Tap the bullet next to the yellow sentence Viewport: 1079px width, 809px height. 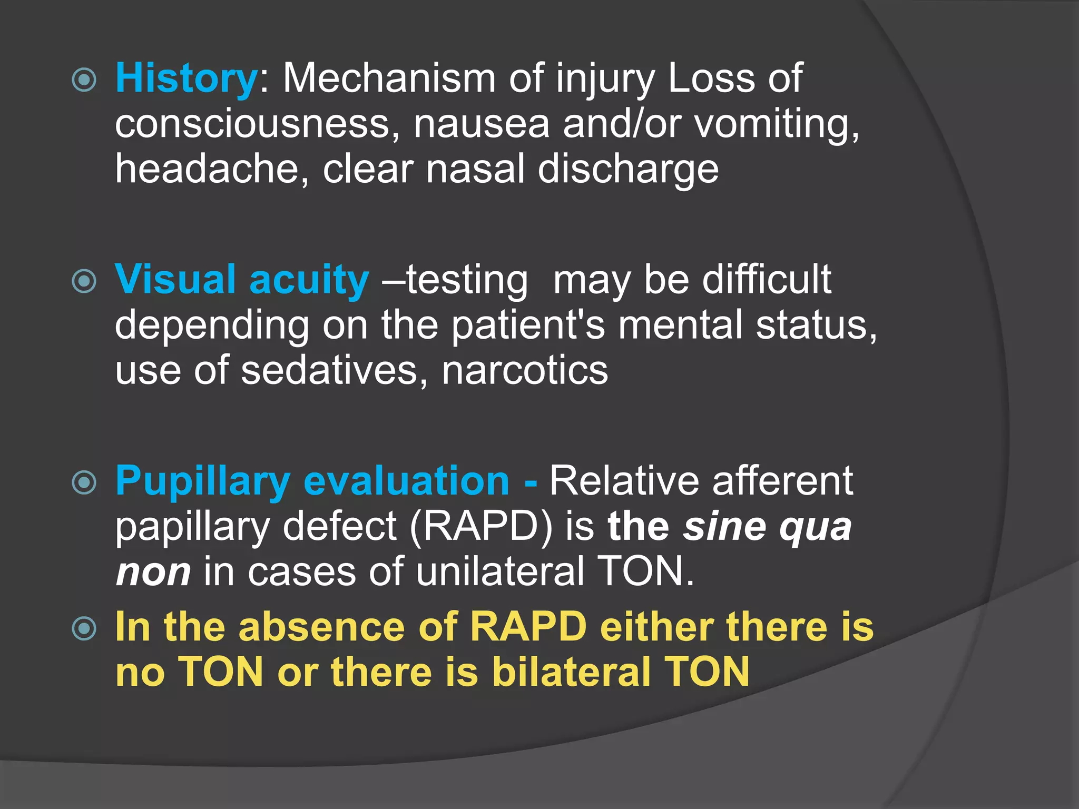(84, 628)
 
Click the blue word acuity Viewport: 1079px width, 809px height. (309, 281)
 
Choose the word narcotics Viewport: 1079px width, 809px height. (525, 371)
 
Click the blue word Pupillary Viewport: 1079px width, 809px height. (203, 482)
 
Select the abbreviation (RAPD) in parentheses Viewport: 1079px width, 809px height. (481, 527)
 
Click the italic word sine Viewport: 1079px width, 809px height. (725, 527)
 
